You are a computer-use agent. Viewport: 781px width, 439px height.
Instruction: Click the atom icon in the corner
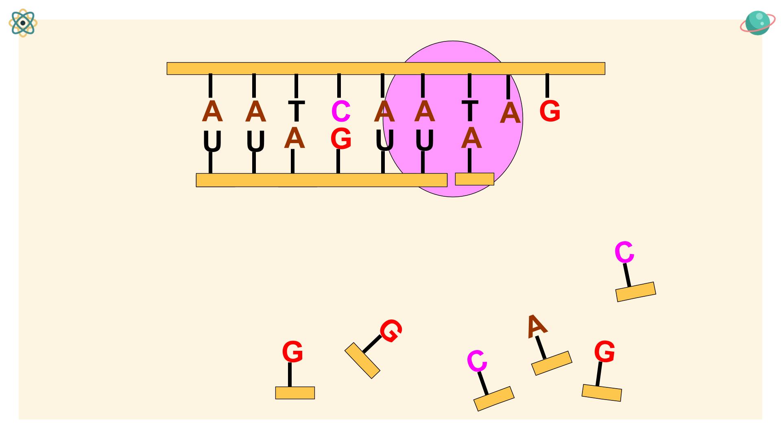[x=23, y=23]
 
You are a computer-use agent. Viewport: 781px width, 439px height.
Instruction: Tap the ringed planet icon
[x=757, y=23]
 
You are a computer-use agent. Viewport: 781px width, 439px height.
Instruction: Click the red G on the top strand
[x=550, y=111]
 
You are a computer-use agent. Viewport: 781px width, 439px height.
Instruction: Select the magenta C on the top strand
[x=341, y=111]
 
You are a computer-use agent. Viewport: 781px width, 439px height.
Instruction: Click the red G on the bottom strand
[x=341, y=139]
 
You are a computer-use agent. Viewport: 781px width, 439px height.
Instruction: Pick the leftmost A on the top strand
[x=212, y=111]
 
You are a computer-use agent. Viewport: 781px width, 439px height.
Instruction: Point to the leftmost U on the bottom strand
[x=212, y=141]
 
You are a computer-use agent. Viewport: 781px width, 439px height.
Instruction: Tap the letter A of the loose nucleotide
[x=536, y=326]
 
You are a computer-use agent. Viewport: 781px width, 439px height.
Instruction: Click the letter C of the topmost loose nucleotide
[x=624, y=252]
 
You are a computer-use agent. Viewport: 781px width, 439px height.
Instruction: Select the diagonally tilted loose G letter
[x=391, y=330]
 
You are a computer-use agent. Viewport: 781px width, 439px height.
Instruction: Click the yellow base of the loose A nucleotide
[x=552, y=363]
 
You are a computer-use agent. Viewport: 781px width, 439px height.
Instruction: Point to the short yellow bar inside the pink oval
[x=474, y=179]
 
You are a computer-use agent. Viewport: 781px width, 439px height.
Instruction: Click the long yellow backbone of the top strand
[x=386, y=68]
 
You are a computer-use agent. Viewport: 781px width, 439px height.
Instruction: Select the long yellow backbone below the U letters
[x=321, y=180]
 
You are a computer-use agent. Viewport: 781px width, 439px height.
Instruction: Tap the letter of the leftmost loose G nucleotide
[x=292, y=352]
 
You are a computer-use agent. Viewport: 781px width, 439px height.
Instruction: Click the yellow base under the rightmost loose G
[x=602, y=393]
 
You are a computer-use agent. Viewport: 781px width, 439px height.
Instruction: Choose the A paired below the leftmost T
[x=295, y=138]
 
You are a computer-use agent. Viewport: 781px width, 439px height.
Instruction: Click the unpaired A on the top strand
[x=510, y=113]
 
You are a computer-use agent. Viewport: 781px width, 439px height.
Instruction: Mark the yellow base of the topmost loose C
[x=636, y=292]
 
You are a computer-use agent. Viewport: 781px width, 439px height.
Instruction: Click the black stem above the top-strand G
[x=547, y=86]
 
